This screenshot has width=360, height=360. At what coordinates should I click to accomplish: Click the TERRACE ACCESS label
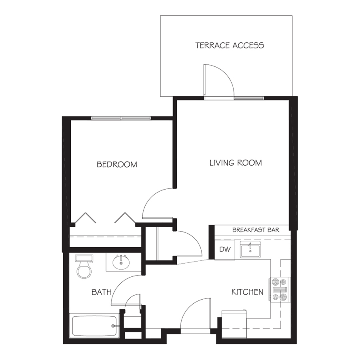[230, 45]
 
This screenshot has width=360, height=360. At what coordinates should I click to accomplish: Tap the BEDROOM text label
[117, 164]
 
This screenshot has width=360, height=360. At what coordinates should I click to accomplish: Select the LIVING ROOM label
[236, 163]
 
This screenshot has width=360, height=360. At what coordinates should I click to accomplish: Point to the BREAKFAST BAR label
[256, 230]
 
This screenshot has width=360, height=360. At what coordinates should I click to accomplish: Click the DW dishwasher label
[225, 249]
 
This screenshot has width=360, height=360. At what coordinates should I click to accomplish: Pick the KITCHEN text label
[247, 292]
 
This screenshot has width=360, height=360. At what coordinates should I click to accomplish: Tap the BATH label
[102, 292]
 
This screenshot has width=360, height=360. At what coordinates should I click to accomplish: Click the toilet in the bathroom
[84, 266]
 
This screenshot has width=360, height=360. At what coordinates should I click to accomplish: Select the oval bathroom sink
[121, 262]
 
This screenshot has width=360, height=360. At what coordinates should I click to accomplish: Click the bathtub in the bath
[94, 326]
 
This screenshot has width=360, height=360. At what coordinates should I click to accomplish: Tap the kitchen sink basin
[250, 250]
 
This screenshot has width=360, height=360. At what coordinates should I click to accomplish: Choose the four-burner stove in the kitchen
[280, 289]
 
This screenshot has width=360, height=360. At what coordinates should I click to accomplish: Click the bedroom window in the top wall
[121, 118]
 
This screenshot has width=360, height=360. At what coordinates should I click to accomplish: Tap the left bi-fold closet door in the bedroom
[86, 218]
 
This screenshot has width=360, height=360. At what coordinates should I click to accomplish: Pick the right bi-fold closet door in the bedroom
[125, 218]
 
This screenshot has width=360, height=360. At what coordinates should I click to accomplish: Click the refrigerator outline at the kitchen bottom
[234, 324]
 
